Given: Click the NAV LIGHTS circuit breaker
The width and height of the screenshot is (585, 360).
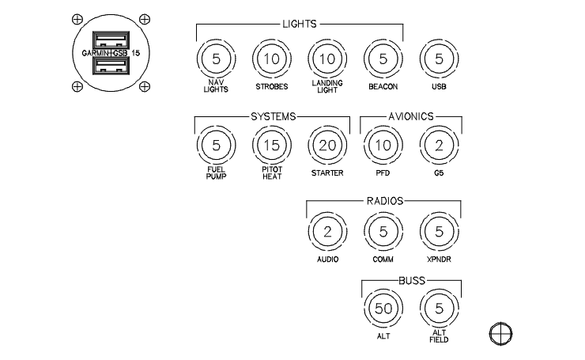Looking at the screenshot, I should (x=215, y=59).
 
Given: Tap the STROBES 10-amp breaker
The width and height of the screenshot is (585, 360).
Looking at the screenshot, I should (x=271, y=59).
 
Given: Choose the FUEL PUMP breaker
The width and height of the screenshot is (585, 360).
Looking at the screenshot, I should (x=215, y=145).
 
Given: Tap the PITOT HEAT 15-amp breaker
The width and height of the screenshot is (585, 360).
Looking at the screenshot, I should (x=271, y=145).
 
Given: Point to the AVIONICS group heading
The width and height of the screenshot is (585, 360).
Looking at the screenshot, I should (x=411, y=116).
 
